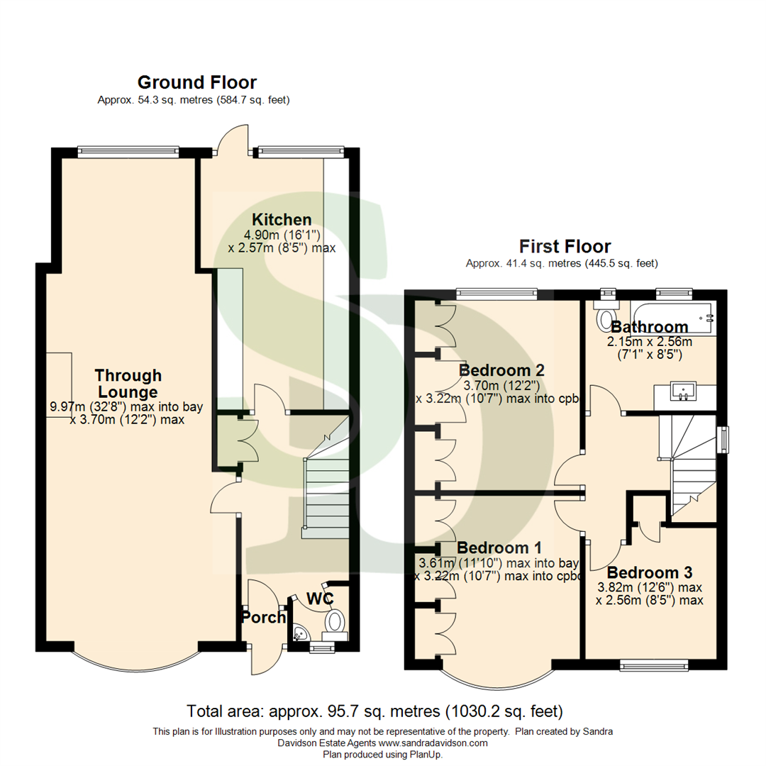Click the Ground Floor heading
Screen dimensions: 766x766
tap(196, 82)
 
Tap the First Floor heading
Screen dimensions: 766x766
tap(565, 247)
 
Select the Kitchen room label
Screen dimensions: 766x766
tap(283, 219)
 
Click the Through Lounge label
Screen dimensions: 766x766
tap(128, 383)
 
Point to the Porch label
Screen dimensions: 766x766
tap(264, 617)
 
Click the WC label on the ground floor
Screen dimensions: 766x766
tap(320, 598)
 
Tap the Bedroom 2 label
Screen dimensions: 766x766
tap(501, 370)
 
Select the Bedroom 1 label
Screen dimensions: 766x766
tap(499, 548)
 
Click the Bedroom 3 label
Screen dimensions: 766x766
tap(650, 572)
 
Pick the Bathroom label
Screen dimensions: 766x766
tap(649, 327)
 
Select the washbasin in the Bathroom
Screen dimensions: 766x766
tap(684, 391)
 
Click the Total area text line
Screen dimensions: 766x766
tap(374, 710)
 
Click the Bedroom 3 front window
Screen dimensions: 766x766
tap(654, 664)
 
